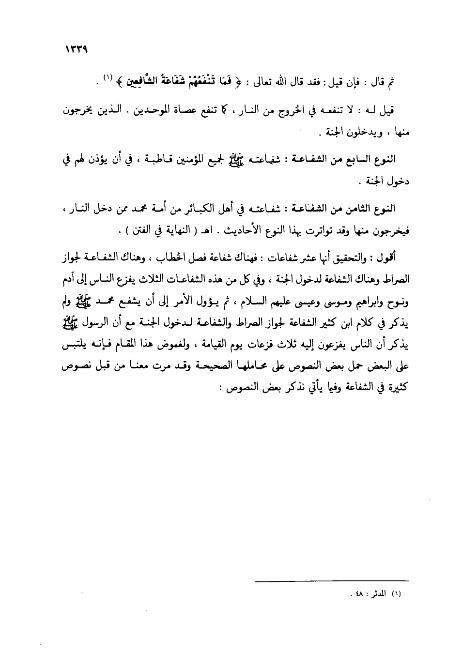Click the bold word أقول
tap(385, 258)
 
